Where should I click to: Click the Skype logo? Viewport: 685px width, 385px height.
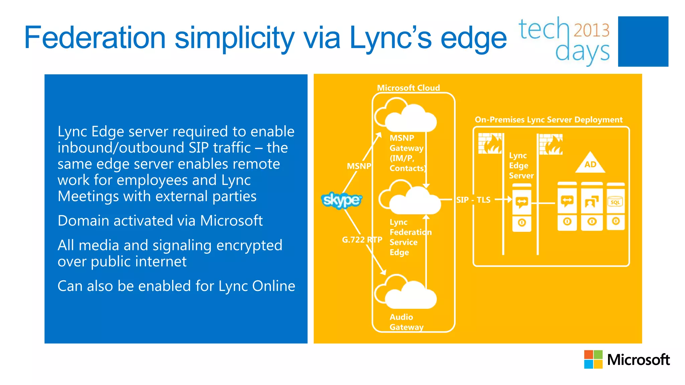pos(341,200)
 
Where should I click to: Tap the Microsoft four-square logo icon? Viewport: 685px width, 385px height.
pos(593,359)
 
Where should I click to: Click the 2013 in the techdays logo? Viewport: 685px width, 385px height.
pos(591,30)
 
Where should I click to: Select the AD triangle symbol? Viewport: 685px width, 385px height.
pos(590,163)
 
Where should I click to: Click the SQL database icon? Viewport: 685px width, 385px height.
pos(615,202)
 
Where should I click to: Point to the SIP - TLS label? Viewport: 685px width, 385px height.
pos(473,200)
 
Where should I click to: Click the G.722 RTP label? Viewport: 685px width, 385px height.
pos(362,240)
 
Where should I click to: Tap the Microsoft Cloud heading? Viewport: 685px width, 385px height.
pos(408,88)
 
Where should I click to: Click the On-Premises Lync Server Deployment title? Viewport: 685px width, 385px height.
pos(549,120)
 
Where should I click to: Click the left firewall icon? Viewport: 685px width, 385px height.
pos(490,143)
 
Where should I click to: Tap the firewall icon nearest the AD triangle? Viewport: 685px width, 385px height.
pos(551,144)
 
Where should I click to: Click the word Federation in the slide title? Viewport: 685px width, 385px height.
pos(95,37)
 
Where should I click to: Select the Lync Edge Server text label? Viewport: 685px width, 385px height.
pos(521,165)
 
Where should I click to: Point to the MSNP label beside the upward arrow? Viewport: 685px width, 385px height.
pos(359,166)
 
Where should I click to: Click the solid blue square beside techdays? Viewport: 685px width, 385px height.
pos(643,41)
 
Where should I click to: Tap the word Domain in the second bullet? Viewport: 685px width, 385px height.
pos(83,221)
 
